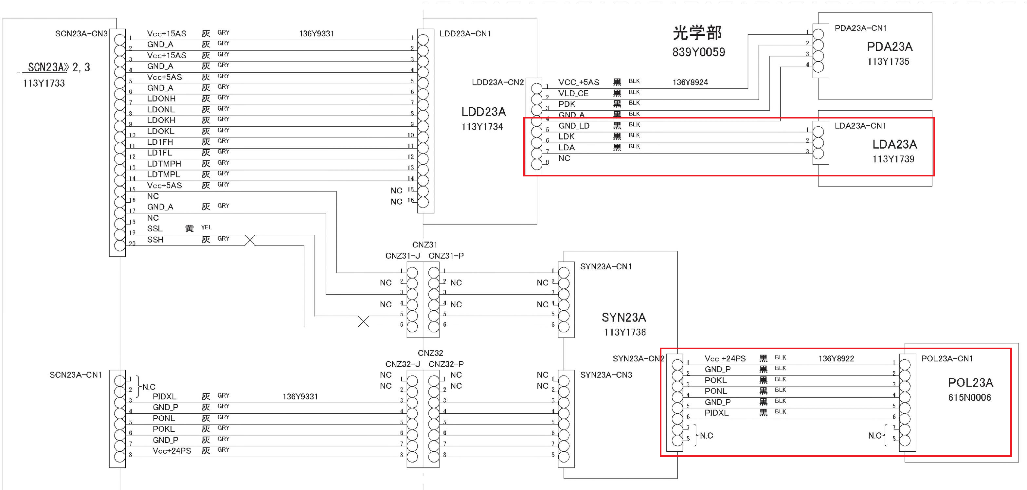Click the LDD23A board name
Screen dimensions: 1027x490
484,112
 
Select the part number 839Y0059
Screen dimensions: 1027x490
698,52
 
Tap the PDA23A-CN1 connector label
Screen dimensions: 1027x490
860,28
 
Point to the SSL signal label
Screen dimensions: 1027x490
155,228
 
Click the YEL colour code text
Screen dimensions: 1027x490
206,227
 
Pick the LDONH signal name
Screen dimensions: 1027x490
161,99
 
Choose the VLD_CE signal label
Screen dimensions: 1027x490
573,93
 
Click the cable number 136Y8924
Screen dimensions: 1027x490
690,82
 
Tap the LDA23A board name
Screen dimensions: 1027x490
894,144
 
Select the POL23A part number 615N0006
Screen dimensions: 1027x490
969,397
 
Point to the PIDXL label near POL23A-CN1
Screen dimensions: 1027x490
716,413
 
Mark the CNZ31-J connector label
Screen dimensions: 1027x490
402,256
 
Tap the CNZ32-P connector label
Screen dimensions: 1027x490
446,364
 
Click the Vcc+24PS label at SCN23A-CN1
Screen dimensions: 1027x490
172,451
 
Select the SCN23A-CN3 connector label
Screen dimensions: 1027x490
81,33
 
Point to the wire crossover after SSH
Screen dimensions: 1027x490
250,240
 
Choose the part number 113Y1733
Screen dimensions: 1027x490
44,83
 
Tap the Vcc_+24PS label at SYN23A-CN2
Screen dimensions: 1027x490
725,359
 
